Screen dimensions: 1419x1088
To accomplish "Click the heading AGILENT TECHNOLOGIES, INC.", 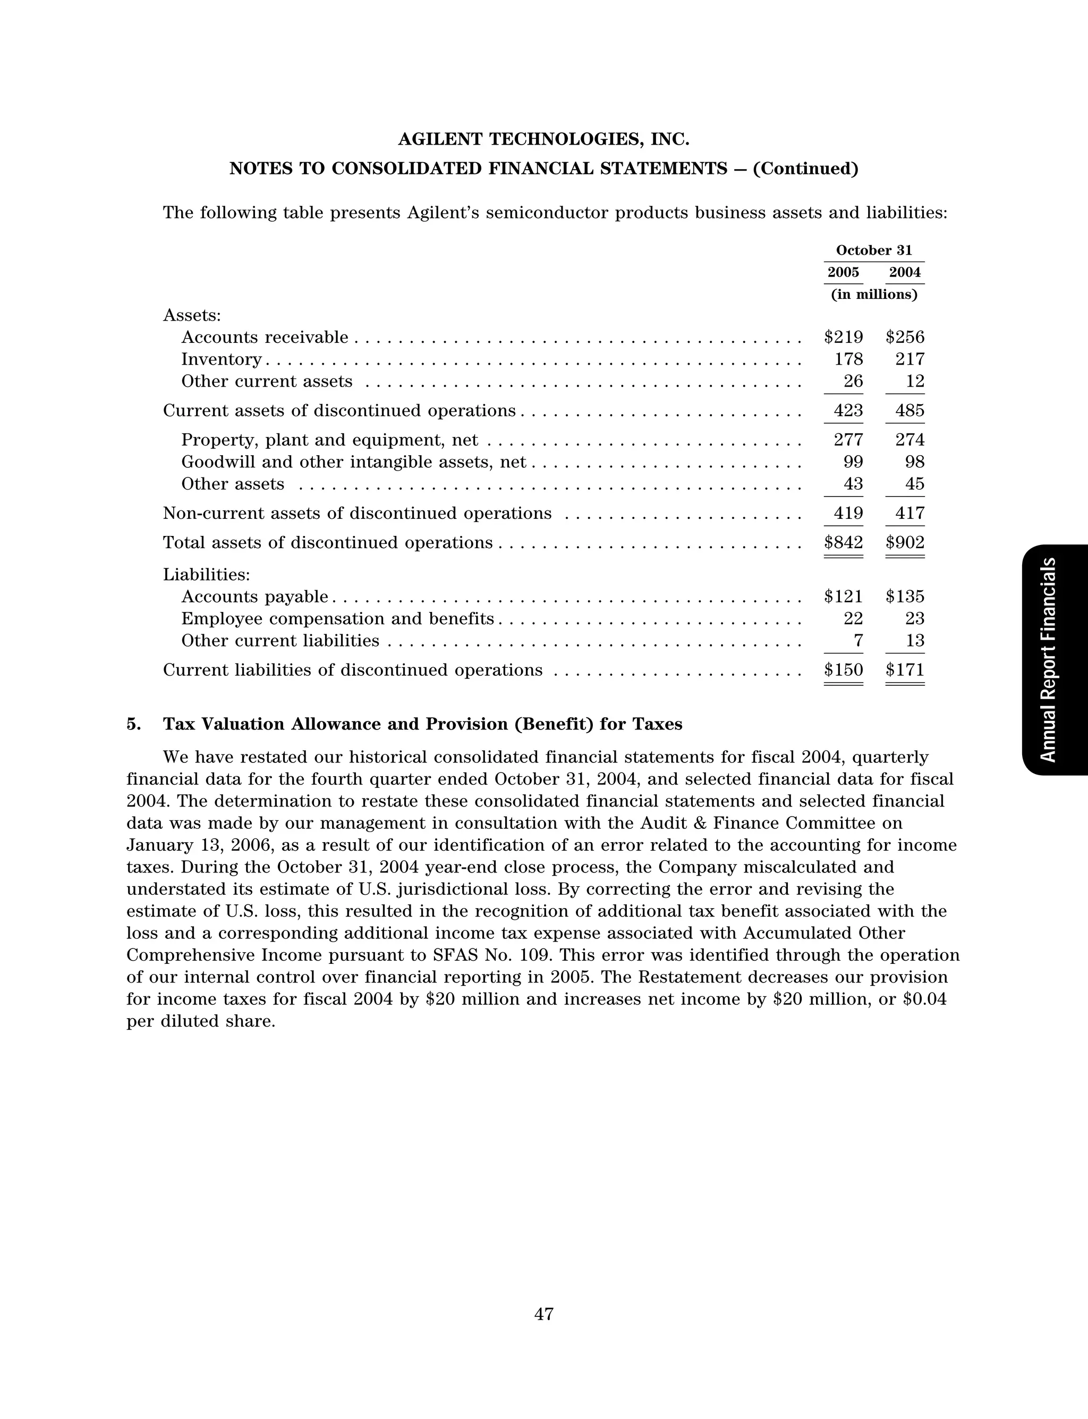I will pos(543,139).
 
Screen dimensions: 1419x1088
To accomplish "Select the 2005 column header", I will pos(843,273).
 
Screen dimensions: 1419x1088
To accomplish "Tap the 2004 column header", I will pos(905,273).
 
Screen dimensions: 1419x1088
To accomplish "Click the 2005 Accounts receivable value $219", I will pos(843,338).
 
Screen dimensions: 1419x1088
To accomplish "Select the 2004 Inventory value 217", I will pos(909,359).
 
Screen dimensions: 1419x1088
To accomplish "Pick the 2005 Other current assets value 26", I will pos(853,382).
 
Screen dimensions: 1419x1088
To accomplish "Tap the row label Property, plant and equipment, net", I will pos(329,441).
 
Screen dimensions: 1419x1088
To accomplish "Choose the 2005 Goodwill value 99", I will pos(853,462).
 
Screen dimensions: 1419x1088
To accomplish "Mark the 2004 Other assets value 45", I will pos(914,484).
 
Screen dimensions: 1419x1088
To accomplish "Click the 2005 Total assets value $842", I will pos(843,542).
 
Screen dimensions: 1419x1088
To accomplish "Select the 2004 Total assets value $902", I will pos(905,542).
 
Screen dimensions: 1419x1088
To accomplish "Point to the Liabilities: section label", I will pos(207,575).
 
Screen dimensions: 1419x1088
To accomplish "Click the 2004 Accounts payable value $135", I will pos(905,597).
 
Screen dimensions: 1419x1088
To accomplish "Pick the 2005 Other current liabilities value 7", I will pos(858,641).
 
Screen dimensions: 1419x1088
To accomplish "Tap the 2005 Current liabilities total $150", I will pos(843,670).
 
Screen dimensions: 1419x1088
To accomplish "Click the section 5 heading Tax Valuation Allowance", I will pos(422,725).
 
